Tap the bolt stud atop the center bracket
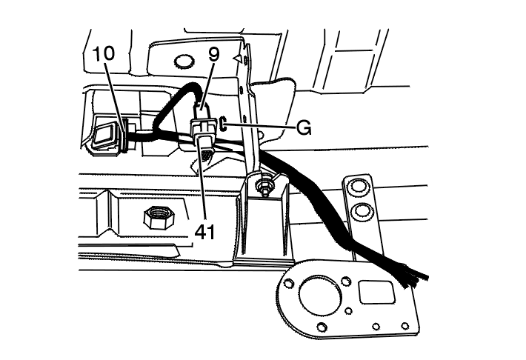pyautogui.click(x=264, y=181)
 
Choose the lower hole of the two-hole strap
pyautogui.click(x=362, y=213)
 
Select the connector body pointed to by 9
pyautogui.click(x=204, y=127)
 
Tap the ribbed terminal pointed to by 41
pyautogui.click(x=206, y=155)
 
